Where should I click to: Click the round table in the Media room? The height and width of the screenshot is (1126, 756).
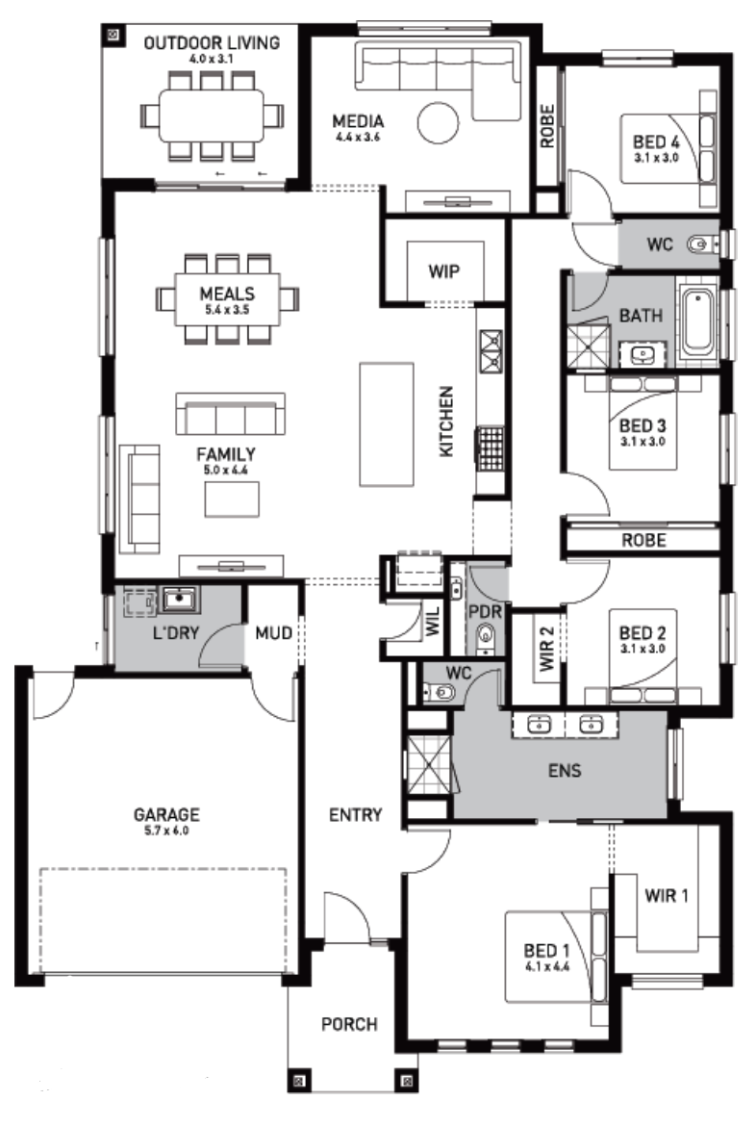pos(438,123)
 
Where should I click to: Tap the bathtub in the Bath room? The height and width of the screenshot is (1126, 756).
pos(698,320)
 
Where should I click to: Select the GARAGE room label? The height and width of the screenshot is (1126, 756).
pos(166,814)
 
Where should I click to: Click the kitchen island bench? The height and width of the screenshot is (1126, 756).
pos(387,424)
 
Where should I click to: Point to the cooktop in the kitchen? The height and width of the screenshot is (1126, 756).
pos(491,448)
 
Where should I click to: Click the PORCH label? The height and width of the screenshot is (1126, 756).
pos(350,1024)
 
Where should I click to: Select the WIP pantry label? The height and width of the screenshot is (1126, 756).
pos(443,271)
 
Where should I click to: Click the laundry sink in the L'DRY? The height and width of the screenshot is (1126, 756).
pos(178,599)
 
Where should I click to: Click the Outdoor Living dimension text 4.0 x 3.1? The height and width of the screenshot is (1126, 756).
pos(211,59)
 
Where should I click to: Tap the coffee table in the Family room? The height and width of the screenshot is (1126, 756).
pos(232,499)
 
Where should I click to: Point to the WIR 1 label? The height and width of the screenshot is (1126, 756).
pos(667,895)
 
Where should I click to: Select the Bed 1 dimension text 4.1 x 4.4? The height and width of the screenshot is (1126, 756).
pos(547,966)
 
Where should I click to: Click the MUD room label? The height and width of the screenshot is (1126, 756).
pos(273,632)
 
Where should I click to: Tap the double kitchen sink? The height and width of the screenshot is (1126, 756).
pos(491,351)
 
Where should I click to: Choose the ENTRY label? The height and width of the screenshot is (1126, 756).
pos(355,815)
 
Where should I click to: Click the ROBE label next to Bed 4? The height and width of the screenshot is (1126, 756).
pos(547,126)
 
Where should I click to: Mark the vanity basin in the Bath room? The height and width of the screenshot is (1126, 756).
pos(643,353)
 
